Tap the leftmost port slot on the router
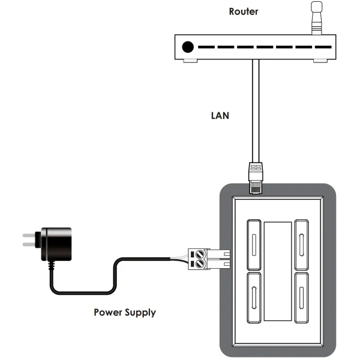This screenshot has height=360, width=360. coord(207,47)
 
